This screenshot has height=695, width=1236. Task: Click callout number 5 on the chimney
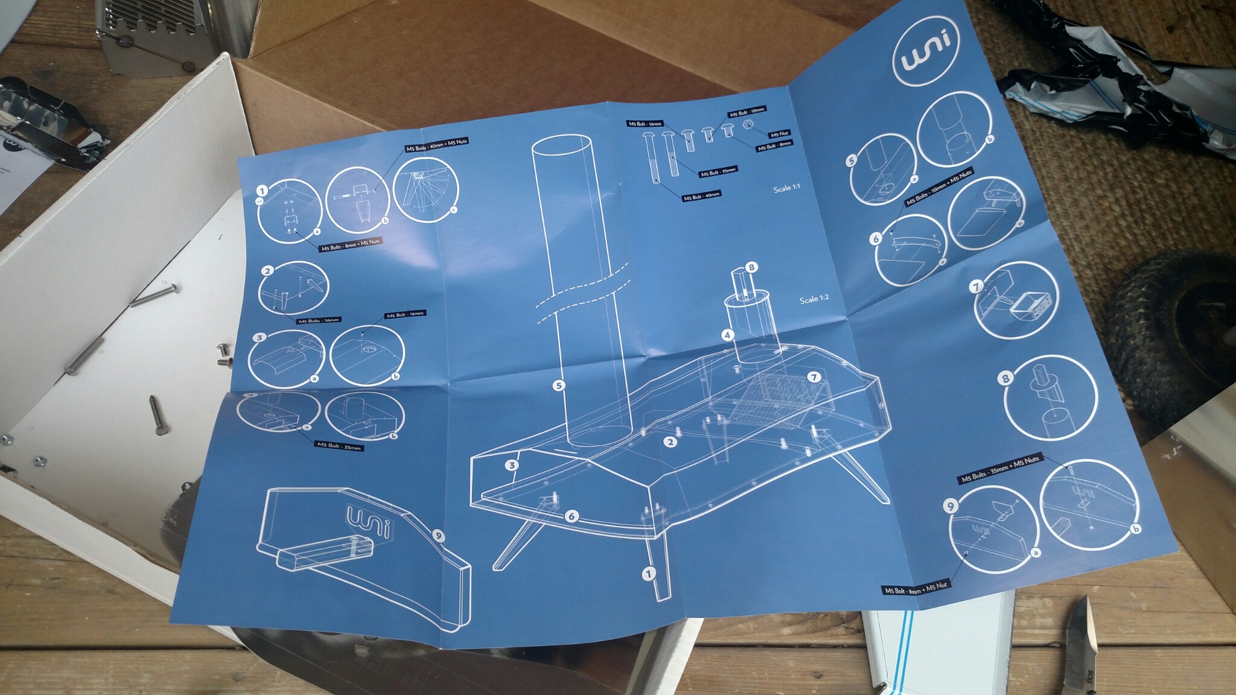[x=559, y=384]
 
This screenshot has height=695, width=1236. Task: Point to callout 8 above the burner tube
[x=751, y=267]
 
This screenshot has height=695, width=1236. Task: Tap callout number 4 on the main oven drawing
[x=728, y=334]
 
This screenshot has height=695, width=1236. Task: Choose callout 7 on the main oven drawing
[x=815, y=377]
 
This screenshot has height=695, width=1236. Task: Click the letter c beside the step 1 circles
[x=453, y=211]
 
